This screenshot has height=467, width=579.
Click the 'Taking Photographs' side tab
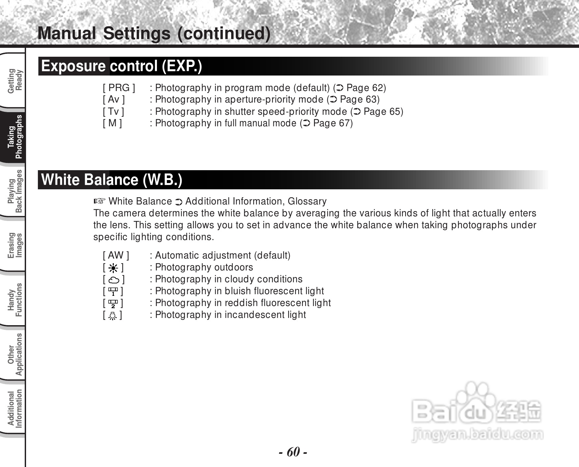[15, 137]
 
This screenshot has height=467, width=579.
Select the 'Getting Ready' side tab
[15, 81]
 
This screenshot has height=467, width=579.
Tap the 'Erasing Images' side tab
[15, 245]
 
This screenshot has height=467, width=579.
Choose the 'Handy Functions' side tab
[15, 299]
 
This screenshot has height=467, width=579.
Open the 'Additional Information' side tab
[15, 409]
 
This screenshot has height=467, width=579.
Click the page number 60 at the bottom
[293, 452]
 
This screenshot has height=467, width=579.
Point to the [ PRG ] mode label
[119, 88]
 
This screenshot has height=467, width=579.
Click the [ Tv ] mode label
[113, 111]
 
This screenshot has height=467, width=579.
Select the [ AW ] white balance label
[116, 255]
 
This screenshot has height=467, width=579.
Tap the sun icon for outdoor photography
[113, 268]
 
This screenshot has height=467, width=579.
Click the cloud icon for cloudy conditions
[113, 280]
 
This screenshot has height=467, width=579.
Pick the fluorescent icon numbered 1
[113, 292]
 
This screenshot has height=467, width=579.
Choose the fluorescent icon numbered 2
[113, 303]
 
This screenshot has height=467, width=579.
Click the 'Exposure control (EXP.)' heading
[121, 66]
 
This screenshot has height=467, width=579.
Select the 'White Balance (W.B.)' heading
[111, 180]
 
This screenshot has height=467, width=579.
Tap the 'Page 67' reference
[332, 123]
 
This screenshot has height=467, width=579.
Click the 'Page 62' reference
[366, 88]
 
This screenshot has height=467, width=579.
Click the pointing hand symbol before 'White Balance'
[99, 201]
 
